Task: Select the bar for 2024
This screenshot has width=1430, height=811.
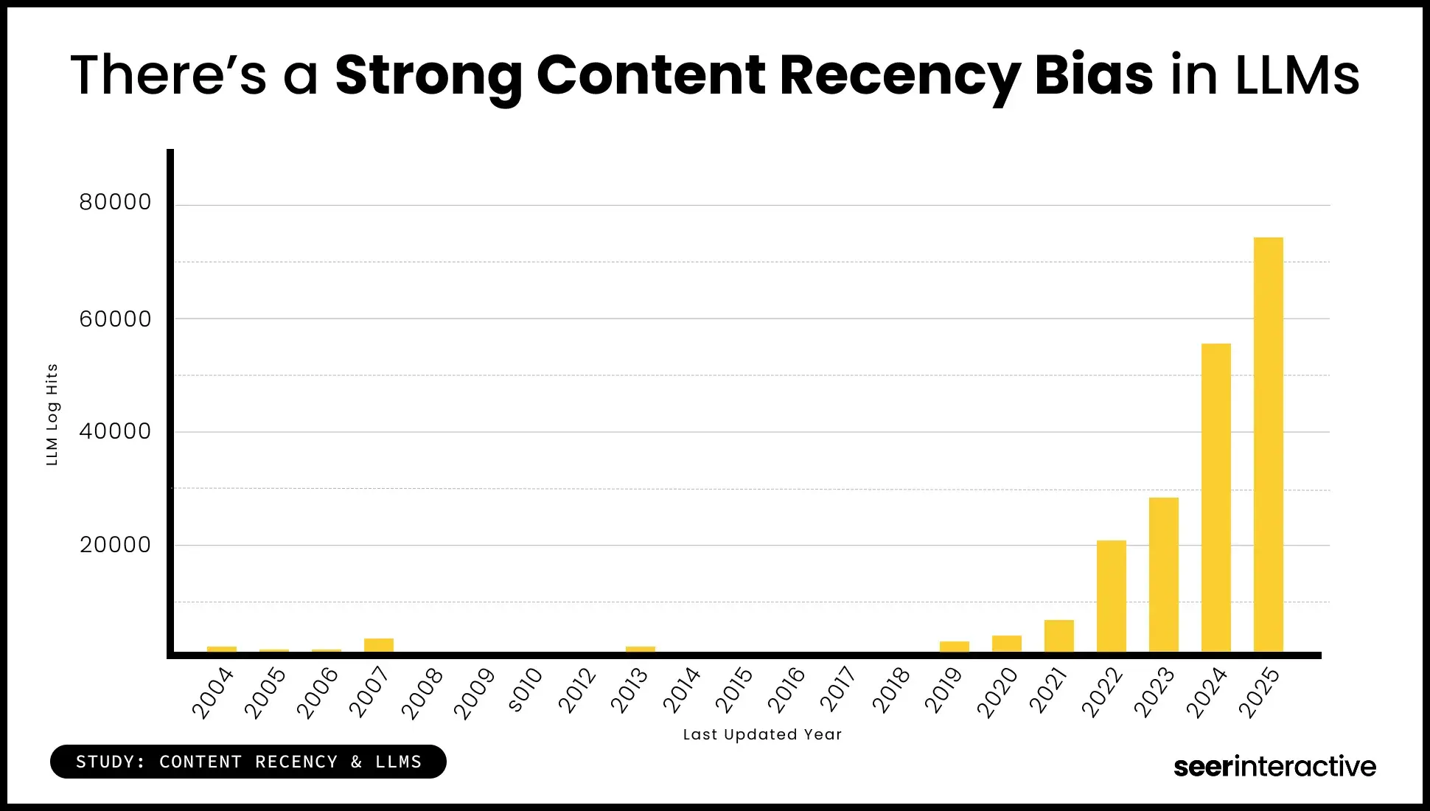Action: pyautogui.click(x=1215, y=498)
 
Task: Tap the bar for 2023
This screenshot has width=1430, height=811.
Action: pyautogui.click(x=1163, y=574)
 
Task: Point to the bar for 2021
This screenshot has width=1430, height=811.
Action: pyautogui.click(x=1058, y=636)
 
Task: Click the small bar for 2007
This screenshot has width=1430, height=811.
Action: pyautogui.click(x=378, y=645)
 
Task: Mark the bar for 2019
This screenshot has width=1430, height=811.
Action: pyautogui.click(x=954, y=647)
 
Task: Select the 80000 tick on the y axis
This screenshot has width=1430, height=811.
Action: pyautogui.click(x=115, y=202)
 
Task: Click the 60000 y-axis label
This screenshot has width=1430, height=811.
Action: pyautogui.click(x=115, y=319)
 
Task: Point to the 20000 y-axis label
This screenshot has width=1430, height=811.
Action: pyautogui.click(x=115, y=545)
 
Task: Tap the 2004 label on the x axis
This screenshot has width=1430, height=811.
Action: pyautogui.click(x=212, y=692)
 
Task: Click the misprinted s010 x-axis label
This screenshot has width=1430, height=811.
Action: pyautogui.click(x=526, y=690)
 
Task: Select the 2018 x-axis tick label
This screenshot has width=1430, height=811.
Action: pyautogui.click(x=892, y=691)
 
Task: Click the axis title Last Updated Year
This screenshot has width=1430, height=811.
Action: pyautogui.click(x=762, y=734)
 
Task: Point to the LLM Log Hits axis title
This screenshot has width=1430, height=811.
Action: pyautogui.click(x=52, y=414)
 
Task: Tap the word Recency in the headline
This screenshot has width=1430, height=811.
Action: pyautogui.click(x=899, y=75)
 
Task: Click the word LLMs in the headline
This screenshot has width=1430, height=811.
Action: pyautogui.click(x=1297, y=75)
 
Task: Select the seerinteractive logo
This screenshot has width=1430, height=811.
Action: pyautogui.click(x=1274, y=766)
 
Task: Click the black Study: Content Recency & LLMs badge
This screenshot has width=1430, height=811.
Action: pyautogui.click(x=248, y=762)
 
